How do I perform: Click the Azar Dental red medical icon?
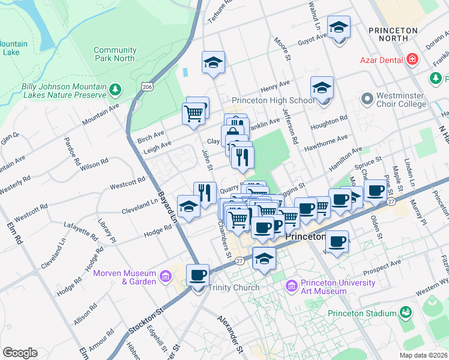tap(412, 59)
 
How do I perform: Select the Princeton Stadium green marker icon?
tap(406, 313)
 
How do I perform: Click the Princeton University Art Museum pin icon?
tap(292, 285)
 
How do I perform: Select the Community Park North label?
tap(115, 54)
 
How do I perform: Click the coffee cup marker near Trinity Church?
tap(197, 275)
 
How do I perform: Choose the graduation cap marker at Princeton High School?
tap(322, 88)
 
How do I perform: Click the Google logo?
tap(20, 352)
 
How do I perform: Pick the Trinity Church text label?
tap(234, 287)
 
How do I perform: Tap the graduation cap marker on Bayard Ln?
tap(188, 207)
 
